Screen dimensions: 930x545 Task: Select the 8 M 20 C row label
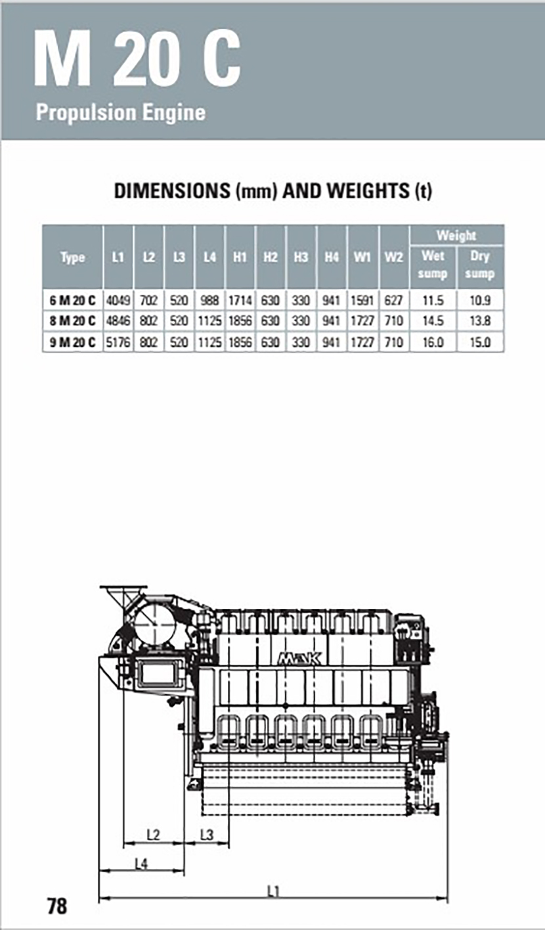73,322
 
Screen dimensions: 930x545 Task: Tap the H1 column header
240,257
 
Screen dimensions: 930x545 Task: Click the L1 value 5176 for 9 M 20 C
118,342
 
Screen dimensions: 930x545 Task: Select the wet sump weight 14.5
433,322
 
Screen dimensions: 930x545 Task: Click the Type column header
73,257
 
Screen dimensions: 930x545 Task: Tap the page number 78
57,906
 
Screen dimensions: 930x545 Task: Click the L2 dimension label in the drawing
153,835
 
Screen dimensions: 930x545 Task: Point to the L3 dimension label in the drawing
206,835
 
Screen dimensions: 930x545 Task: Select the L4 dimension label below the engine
141,864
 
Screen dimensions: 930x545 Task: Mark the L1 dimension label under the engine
273,891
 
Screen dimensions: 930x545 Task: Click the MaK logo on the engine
299,658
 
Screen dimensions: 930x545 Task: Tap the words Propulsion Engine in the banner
121,112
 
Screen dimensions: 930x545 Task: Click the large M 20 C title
137,60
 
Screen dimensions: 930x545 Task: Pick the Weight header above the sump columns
456,235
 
